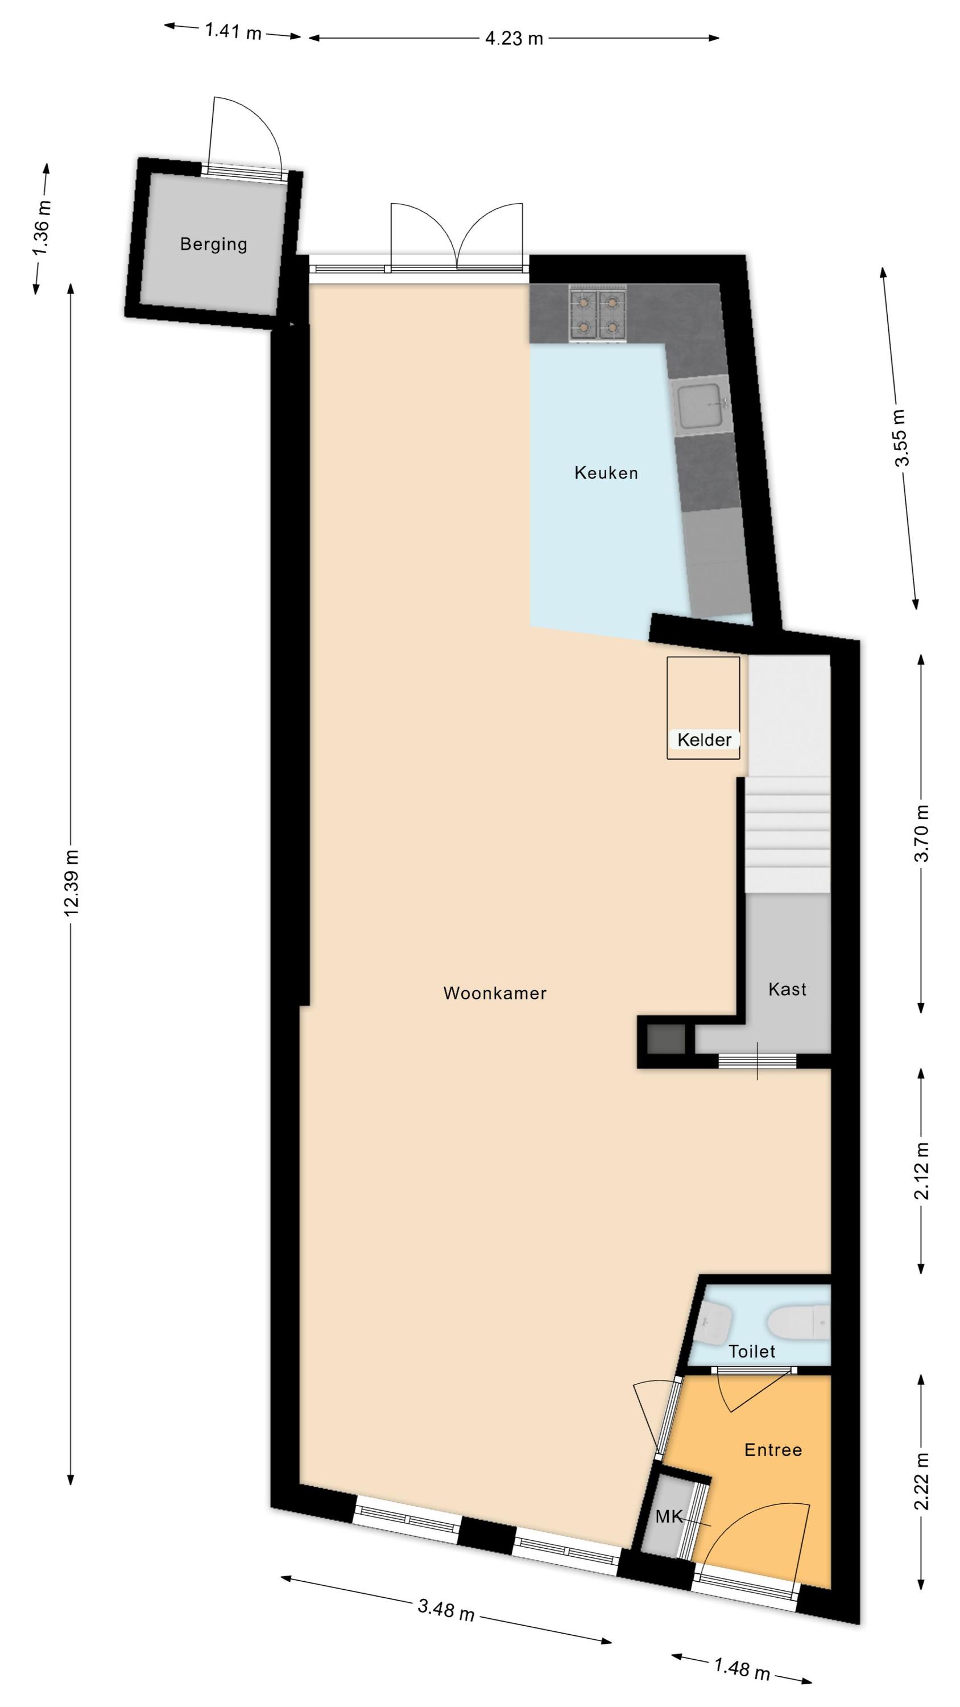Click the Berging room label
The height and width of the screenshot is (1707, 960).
(213, 245)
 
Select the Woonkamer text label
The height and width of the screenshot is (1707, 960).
(495, 993)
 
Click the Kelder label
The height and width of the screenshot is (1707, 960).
(704, 740)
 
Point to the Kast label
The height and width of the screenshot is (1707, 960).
(787, 989)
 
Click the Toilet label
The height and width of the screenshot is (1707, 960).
(751, 1351)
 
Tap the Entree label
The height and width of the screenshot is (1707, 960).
(772, 1450)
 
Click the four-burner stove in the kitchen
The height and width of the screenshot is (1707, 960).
(597, 314)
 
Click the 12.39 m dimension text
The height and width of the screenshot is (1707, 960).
(72, 883)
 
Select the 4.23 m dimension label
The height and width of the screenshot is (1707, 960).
(514, 39)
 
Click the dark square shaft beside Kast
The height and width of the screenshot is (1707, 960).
(666, 1039)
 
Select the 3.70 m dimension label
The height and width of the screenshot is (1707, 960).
(921, 833)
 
